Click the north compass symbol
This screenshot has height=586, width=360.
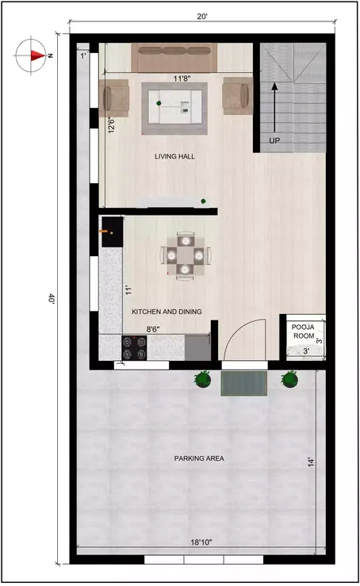click(x=32, y=56)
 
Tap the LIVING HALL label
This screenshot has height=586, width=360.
click(x=174, y=157)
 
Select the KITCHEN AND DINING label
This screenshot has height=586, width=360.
click(x=166, y=312)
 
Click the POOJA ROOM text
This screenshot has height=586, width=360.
click(x=304, y=331)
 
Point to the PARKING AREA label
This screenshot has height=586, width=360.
click(x=200, y=458)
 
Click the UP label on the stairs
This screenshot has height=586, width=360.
click(x=274, y=140)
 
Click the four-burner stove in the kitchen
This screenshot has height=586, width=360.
click(x=133, y=347)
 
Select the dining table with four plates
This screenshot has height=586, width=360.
click(x=185, y=255)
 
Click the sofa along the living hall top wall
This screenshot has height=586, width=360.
click(x=174, y=58)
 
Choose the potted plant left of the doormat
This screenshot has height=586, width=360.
click(x=204, y=381)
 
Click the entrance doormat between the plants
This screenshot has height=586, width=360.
click(x=246, y=382)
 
